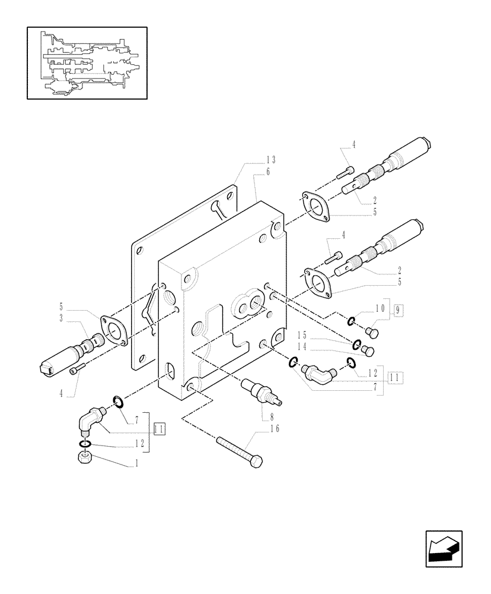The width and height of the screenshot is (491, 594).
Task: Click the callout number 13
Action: pyautogui.click(x=270, y=160)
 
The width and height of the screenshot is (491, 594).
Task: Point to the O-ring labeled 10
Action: pyautogui.click(x=352, y=321)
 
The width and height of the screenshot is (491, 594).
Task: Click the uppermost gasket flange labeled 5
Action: pyautogui.click(x=315, y=206)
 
